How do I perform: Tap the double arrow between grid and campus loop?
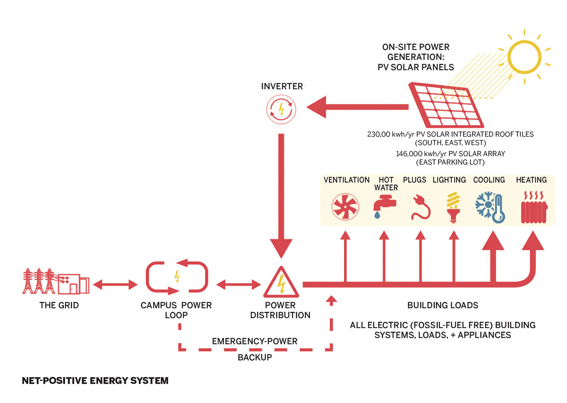click(x=115, y=284)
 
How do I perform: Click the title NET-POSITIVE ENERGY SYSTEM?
click(x=95, y=380)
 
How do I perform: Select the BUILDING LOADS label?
click(x=443, y=305)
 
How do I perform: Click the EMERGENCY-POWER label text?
click(x=255, y=341)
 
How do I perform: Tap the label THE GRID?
click(x=59, y=305)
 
